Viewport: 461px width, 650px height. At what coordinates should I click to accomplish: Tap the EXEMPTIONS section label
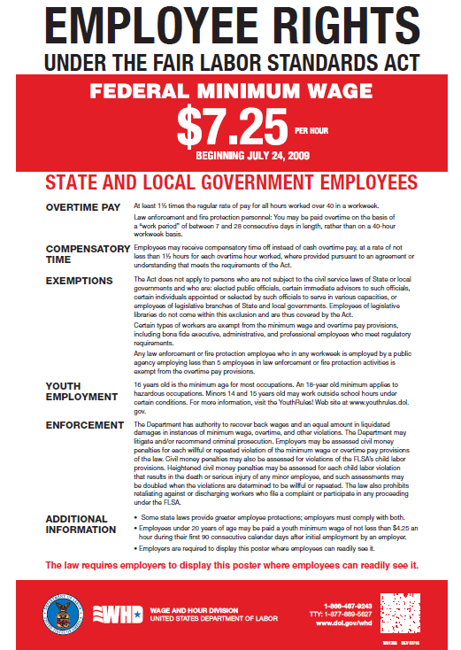coord(79,281)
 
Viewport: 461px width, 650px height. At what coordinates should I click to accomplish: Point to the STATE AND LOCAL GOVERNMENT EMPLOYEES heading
coord(231,183)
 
